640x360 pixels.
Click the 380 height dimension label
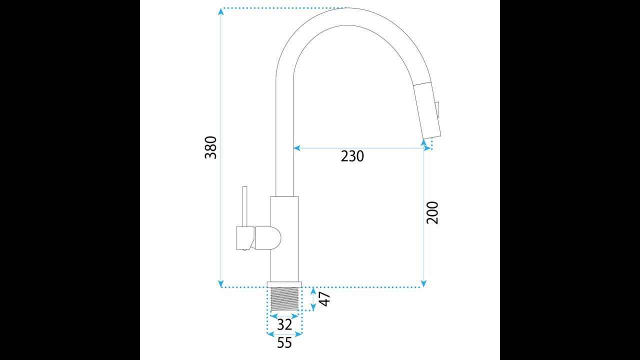pos(211,147)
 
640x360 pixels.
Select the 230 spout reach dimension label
pos(352,156)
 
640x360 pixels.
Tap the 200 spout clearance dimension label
pos(432,213)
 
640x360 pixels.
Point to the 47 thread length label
pos(324,298)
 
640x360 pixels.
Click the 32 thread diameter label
pos(284,325)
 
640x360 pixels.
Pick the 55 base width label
pos(284,342)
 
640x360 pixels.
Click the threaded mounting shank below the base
pos(284,298)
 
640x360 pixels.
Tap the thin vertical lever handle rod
pos(244,206)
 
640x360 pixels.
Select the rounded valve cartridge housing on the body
pos(268,238)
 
